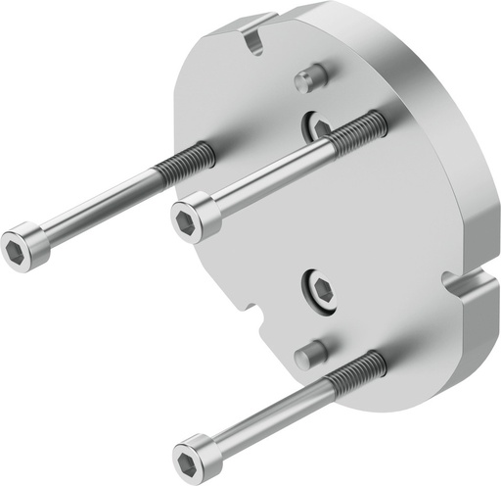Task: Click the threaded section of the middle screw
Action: point(357,132)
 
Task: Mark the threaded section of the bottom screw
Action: point(358,372)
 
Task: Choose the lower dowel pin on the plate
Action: point(311,352)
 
